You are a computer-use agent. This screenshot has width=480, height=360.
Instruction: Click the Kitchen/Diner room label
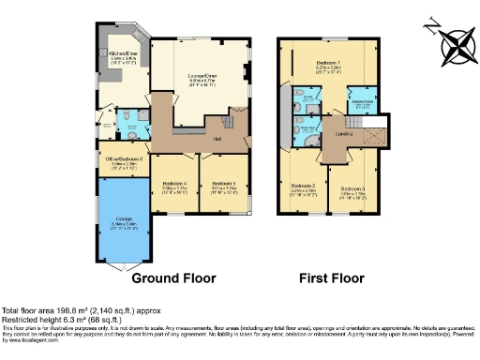[124, 54]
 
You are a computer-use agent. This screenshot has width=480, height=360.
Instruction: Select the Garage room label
[123, 224]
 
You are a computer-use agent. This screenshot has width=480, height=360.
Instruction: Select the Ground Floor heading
[173, 278]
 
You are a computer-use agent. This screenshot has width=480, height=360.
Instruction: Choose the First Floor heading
[331, 278]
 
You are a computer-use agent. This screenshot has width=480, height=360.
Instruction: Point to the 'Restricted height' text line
[69, 319]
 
